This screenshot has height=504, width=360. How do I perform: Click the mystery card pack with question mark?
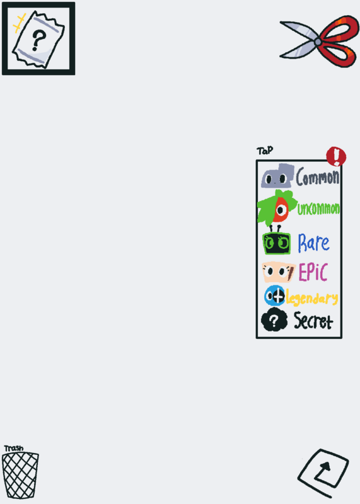pyautogui.click(x=38, y=39)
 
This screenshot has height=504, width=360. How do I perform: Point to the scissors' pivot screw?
pyautogui.click(x=318, y=42)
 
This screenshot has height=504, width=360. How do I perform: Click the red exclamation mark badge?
pyautogui.click(x=336, y=156)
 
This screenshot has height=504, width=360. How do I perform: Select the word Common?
pyautogui.click(x=318, y=177)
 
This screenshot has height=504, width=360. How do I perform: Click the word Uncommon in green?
pyautogui.click(x=318, y=209)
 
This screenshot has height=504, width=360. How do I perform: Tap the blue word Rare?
pyautogui.click(x=314, y=243)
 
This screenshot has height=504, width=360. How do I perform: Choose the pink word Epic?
pyautogui.click(x=313, y=272)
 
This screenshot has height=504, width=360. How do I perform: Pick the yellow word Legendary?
pyautogui.click(x=312, y=298)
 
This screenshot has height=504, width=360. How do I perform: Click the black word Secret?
pyautogui.click(x=313, y=321)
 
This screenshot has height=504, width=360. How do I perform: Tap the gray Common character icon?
pyautogui.click(x=277, y=176)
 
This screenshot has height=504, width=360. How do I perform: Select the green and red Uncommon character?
pyautogui.click(x=277, y=207)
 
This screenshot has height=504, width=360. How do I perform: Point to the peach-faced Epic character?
pyautogui.click(x=278, y=272)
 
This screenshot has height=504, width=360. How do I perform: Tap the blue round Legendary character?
pyautogui.click(x=275, y=295)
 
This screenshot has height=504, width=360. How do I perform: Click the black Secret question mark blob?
pyautogui.click(x=274, y=320)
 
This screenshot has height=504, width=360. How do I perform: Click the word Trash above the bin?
pyautogui.click(x=13, y=448)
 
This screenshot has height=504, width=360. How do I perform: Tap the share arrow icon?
pyautogui.click(x=323, y=473)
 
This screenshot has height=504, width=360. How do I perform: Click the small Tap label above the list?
pyautogui.click(x=265, y=151)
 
